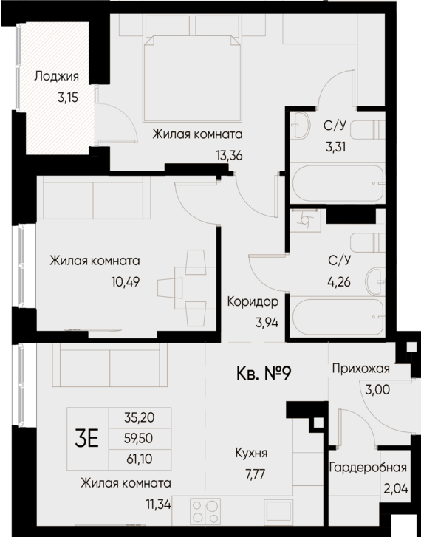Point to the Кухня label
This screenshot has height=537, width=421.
tap(251, 454)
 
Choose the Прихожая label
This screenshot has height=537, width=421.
tap(360, 369)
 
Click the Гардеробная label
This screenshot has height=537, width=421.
tap(369, 468)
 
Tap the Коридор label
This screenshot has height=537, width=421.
tap(253, 301)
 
